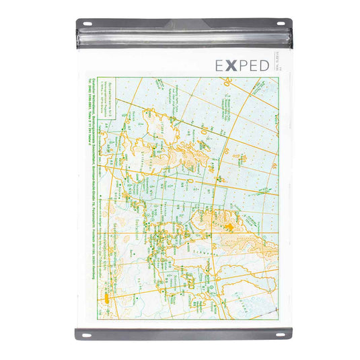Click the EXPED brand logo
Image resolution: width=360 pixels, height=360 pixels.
(244, 65)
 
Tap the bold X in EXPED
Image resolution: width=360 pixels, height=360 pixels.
(231, 65)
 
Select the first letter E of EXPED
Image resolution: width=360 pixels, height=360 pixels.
(219, 65)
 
